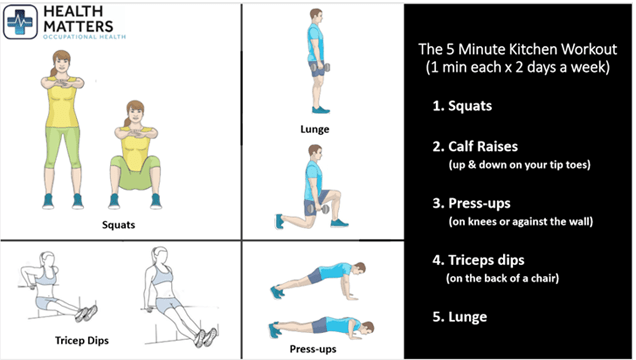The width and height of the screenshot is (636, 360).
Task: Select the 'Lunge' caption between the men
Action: pyautogui.click(x=315, y=129)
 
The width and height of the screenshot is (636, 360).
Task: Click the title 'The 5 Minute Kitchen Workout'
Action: pyautogui.click(x=519, y=49)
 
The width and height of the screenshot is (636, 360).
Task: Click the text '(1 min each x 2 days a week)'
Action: pyautogui.click(x=519, y=67)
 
